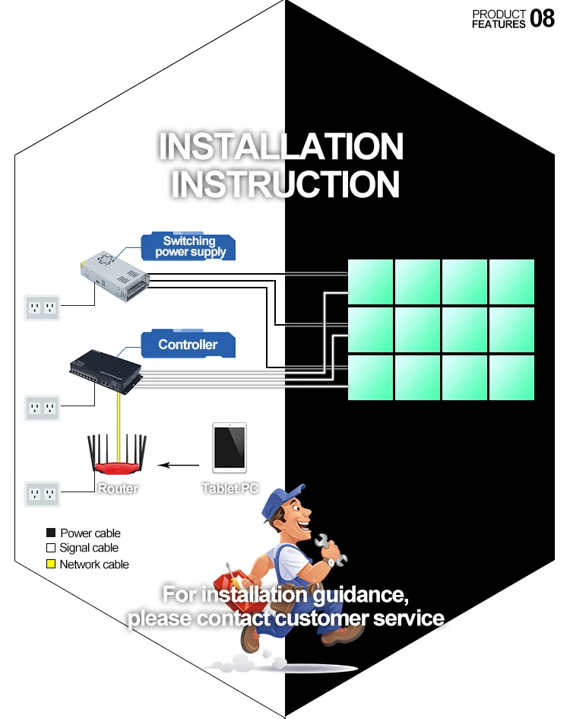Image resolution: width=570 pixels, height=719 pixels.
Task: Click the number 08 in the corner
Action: pyautogui.click(x=543, y=18)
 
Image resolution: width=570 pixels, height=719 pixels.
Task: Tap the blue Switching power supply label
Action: pyautogui.click(x=190, y=247)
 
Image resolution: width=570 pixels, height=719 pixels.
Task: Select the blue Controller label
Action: pyautogui.click(x=188, y=345)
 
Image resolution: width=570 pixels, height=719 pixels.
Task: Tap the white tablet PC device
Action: pyautogui.click(x=230, y=447)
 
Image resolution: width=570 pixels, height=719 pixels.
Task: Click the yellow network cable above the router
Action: pyautogui.click(x=118, y=415)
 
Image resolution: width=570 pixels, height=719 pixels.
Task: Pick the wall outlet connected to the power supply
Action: pyautogui.click(x=42, y=307)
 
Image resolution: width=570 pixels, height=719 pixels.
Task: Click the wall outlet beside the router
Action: pyautogui.click(x=42, y=494)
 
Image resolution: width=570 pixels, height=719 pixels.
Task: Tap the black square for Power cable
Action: pyautogui.click(x=51, y=533)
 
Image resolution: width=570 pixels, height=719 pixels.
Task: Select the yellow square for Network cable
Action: pyautogui.click(x=51, y=565)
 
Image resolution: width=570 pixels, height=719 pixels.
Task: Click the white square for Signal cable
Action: pyautogui.click(x=51, y=548)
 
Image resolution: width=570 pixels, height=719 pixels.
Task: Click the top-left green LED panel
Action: pyautogui.click(x=370, y=282)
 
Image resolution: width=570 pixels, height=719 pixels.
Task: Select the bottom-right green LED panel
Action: pyautogui.click(x=511, y=377)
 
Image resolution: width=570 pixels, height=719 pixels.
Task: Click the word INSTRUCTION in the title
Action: pyautogui.click(x=285, y=184)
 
